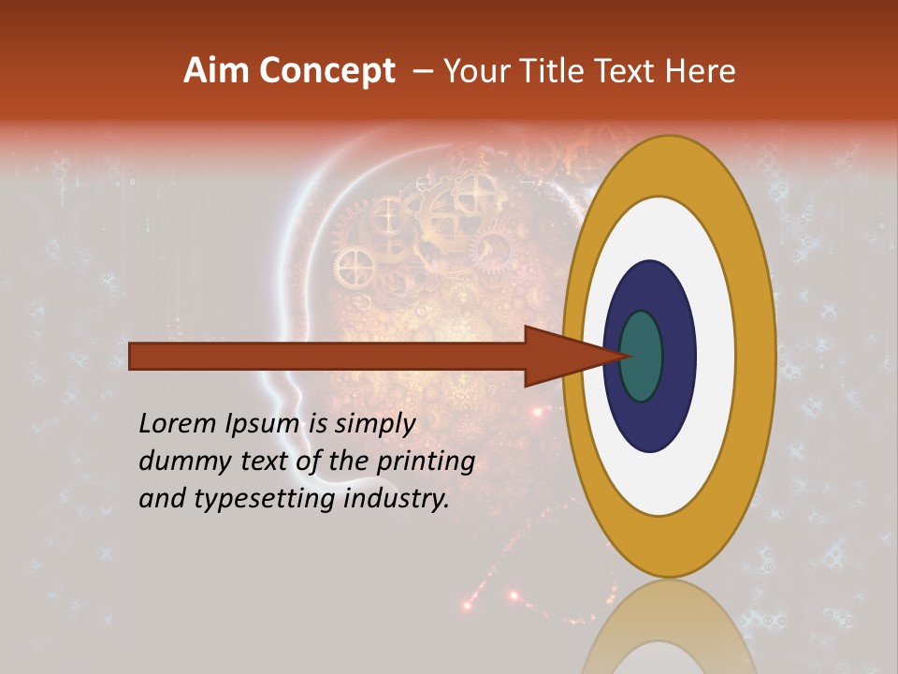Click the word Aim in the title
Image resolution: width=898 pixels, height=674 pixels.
[216, 71]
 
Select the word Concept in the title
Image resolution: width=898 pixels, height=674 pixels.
[326, 71]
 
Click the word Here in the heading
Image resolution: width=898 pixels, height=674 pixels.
[702, 71]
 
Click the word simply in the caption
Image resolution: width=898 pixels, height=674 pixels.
[374, 425]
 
